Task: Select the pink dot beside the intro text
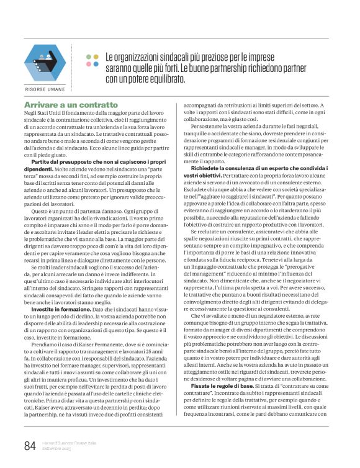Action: (x=89, y=63)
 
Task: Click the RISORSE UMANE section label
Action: (x=45, y=89)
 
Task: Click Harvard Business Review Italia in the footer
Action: (x=70, y=442)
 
